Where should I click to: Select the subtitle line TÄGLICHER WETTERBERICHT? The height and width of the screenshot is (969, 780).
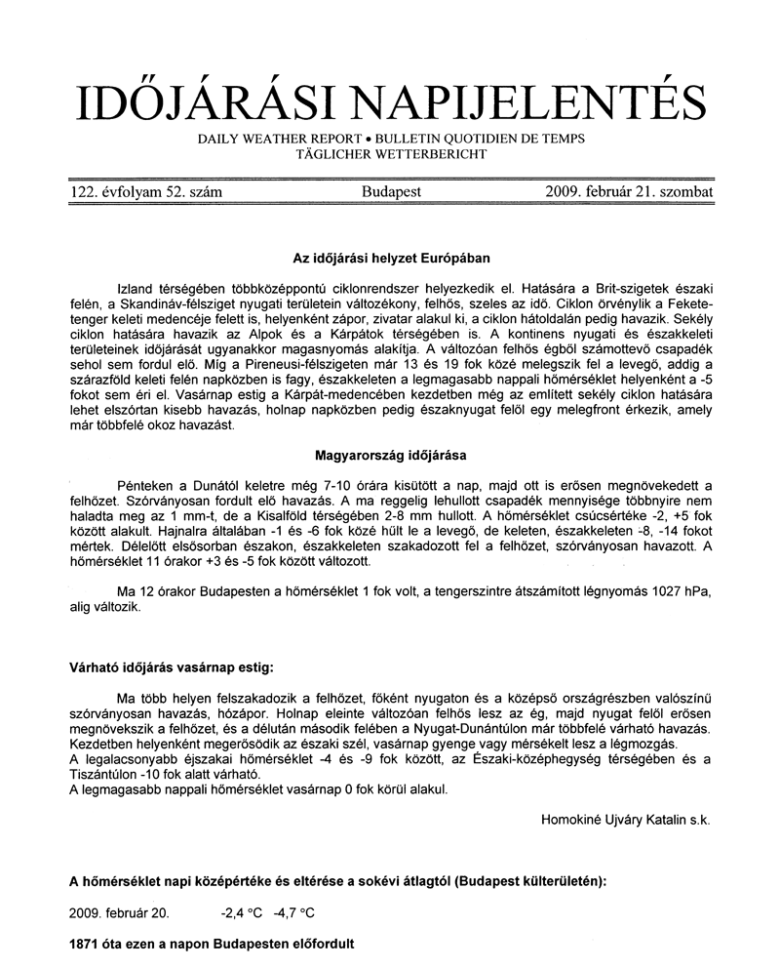[391, 154]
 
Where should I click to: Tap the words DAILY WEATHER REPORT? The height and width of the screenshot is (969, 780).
[274, 139]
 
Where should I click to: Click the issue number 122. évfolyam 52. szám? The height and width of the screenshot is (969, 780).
[146, 192]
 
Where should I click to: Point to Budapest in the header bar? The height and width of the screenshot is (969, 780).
[391, 192]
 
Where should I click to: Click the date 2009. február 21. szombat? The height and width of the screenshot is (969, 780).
[630, 192]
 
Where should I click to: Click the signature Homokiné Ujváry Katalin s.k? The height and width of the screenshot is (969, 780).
[625, 821]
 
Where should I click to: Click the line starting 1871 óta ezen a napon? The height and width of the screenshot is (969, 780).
[212, 945]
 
